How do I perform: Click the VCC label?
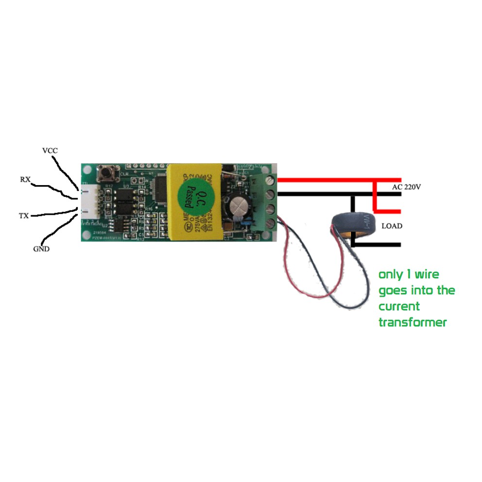click(x=50, y=151)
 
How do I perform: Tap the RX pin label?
click(x=25, y=179)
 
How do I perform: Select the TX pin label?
click(x=24, y=215)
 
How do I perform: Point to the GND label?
click(x=41, y=249)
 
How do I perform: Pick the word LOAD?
click(x=392, y=226)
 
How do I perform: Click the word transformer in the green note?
click(x=413, y=322)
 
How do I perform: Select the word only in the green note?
click(x=391, y=275)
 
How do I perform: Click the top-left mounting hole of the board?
click(x=87, y=170)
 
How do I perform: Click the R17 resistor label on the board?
click(x=109, y=186)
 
